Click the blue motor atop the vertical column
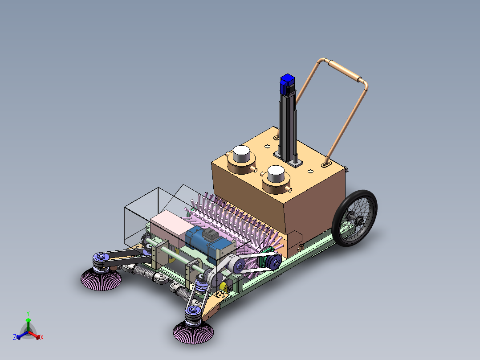pyautogui.click(x=287, y=84)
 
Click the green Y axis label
pyautogui.click(x=28, y=313)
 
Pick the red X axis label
pyautogui.click(x=42, y=337)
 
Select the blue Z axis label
pyautogui.click(x=14, y=337)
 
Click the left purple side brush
pyautogui.click(x=101, y=279)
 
